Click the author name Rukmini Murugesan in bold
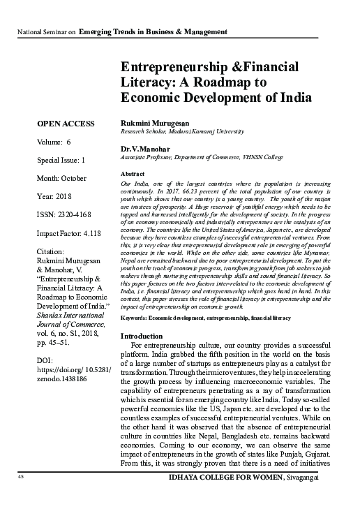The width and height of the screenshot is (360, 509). (156, 123)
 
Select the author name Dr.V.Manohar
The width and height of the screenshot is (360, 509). (146, 149)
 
